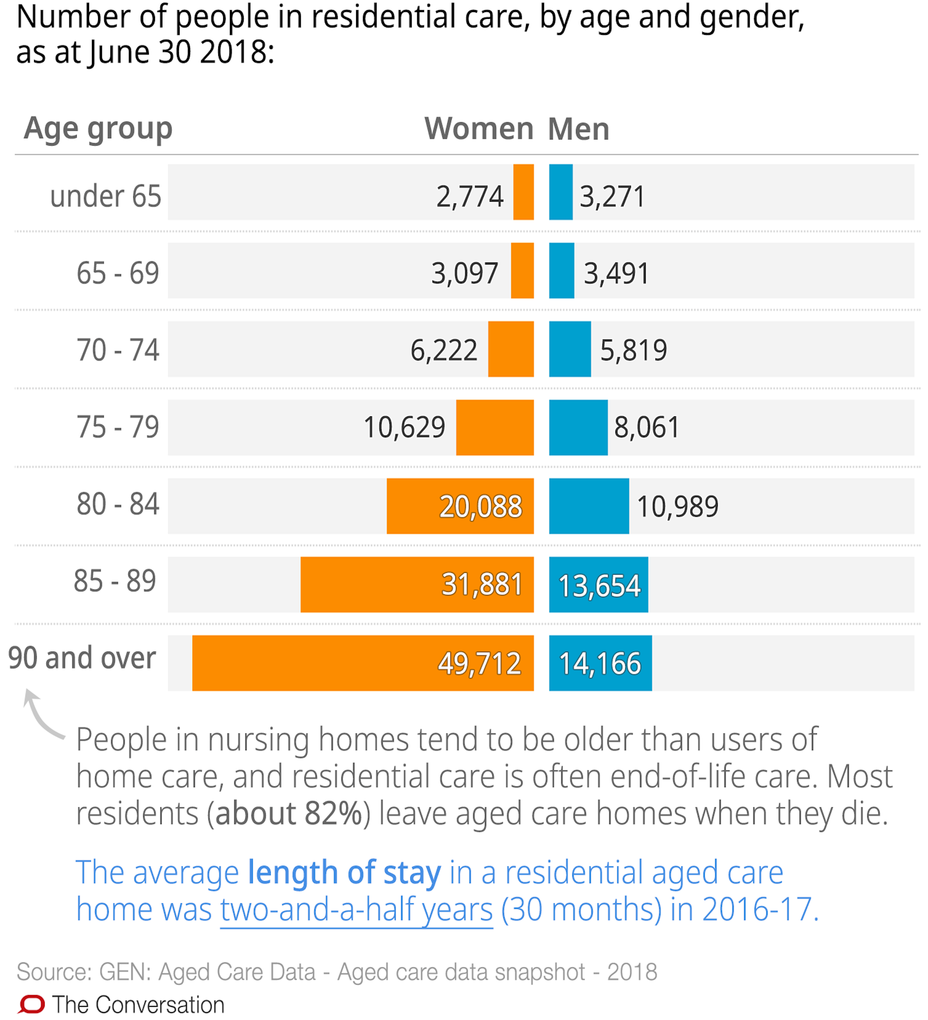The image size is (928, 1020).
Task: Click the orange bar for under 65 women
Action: (523, 192)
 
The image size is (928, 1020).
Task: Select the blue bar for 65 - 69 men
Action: (561, 270)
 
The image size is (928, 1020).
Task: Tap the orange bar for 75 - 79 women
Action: (494, 427)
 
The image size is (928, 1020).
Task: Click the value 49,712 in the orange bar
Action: (479, 663)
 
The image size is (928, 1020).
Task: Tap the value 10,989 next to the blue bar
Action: (677, 506)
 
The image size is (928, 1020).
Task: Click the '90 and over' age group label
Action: (82, 658)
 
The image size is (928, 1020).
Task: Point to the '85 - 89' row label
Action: (115, 580)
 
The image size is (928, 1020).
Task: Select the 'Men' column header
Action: (578, 129)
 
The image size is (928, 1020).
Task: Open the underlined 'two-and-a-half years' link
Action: (356, 909)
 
